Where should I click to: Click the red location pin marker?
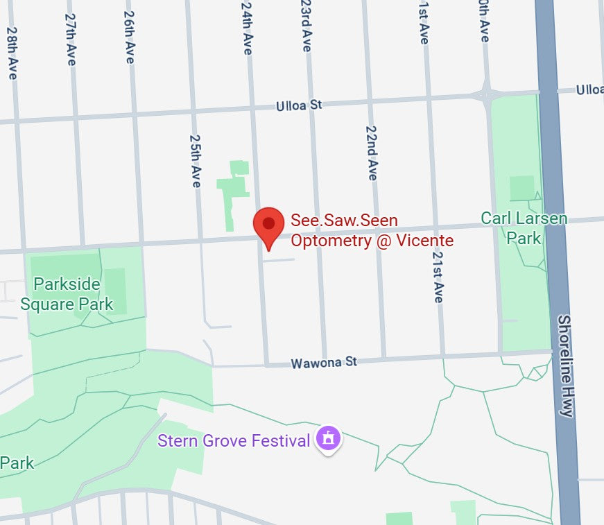click(268, 225)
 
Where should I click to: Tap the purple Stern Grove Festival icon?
click(329, 439)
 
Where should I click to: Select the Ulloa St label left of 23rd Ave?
click(299, 105)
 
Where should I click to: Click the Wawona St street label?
click(324, 363)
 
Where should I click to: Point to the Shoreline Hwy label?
click(565, 365)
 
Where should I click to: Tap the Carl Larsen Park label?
click(524, 228)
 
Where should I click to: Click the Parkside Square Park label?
click(67, 294)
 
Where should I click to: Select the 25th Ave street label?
click(196, 161)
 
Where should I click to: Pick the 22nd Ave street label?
click(372, 153)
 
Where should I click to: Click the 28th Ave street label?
click(12, 53)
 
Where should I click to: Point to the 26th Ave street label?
click(129, 37)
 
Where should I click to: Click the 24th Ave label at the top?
click(247, 28)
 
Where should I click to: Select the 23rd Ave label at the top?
click(306, 26)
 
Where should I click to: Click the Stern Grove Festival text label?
click(233, 440)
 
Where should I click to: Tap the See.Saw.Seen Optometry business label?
click(372, 231)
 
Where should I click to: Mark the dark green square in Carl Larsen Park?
click(521, 188)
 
